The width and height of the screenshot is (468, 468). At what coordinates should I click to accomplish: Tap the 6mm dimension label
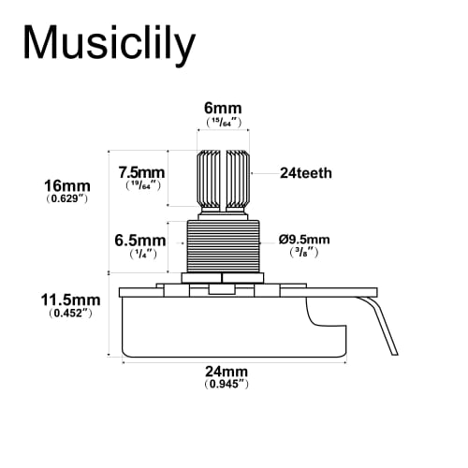224,108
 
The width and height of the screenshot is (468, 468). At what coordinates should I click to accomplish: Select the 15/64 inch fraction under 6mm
224,122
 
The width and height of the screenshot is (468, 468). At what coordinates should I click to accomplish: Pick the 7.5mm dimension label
143,172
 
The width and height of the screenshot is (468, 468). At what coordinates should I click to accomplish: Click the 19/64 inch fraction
143,186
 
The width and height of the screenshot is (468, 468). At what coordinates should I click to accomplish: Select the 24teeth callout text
306,173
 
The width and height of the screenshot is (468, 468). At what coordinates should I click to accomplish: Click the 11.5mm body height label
70,300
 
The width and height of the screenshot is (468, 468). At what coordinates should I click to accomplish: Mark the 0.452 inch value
70,314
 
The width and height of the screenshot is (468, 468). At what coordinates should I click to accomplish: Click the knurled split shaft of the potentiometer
224,178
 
